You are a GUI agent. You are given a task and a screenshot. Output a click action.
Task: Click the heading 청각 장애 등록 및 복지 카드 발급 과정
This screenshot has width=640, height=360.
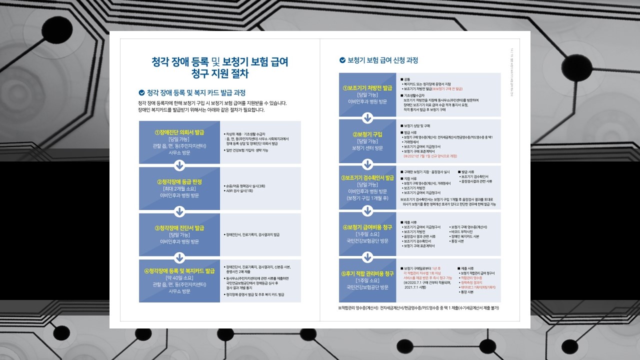pos(196,92)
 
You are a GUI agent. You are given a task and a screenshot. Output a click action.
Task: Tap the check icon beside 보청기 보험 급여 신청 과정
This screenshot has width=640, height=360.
pos(342,60)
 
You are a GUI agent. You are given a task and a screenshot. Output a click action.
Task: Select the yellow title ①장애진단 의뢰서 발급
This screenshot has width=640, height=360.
pos(179,132)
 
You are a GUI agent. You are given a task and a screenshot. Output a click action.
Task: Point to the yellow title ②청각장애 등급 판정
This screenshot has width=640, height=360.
pos(179,181)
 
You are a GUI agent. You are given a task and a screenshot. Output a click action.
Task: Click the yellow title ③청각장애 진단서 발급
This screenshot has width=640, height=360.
pos(179,228)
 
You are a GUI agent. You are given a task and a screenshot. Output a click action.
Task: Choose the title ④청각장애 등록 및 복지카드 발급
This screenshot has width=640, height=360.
pos(179,271)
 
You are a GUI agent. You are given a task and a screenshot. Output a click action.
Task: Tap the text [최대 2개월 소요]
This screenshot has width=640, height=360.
pos(179,188)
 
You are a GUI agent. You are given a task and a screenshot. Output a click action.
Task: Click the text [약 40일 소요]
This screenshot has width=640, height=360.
pos(179,278)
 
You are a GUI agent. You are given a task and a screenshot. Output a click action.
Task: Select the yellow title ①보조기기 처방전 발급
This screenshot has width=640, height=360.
pos(367,87)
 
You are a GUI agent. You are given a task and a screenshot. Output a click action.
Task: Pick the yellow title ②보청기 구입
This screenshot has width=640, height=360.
pos(367,134)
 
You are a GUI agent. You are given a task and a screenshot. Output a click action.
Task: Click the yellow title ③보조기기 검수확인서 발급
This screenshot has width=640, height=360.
pos(367,177)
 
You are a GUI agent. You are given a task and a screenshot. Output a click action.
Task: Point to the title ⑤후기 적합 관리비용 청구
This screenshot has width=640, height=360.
pos(367,273)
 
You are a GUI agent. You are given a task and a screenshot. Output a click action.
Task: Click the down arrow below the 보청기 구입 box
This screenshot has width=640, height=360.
pos(367,164)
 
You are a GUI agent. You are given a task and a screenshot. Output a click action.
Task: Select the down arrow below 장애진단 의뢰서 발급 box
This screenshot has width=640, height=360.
pos(179,165)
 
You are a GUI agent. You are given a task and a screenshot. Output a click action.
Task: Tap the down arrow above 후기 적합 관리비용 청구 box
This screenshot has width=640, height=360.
pos(367,256)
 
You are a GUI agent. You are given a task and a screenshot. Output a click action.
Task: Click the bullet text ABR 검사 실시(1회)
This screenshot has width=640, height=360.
pos(239,190)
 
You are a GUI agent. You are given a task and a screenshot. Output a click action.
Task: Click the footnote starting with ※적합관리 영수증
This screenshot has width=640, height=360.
pos(418,307)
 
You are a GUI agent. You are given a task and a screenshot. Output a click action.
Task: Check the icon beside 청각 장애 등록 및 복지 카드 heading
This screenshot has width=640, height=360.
pos(141,92)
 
